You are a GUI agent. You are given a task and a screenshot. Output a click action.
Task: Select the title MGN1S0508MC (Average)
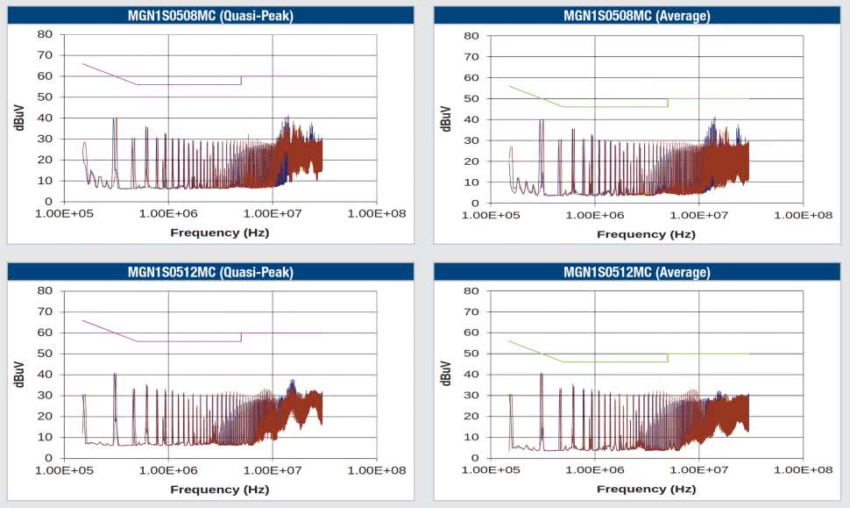coord(637,15)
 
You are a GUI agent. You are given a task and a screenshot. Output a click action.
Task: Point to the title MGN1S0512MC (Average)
coord(637,272)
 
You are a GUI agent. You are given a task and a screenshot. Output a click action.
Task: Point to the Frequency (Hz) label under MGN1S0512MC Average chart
coord(646,489)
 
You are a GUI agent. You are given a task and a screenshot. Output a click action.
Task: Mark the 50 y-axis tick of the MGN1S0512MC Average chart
coord(471,354)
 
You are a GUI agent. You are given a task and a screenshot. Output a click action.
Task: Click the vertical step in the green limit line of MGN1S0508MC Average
coord(668,103)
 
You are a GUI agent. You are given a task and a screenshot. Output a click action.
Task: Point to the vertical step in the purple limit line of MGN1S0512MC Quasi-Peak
coord(241,337)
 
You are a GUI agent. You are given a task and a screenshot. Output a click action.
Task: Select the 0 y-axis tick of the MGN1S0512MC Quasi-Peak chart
coord(49,458)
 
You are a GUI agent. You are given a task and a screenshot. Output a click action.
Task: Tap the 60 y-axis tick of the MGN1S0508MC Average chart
coord(471,77)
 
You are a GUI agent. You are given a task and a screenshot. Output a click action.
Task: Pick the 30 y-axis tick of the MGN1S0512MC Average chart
coord(471,395)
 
